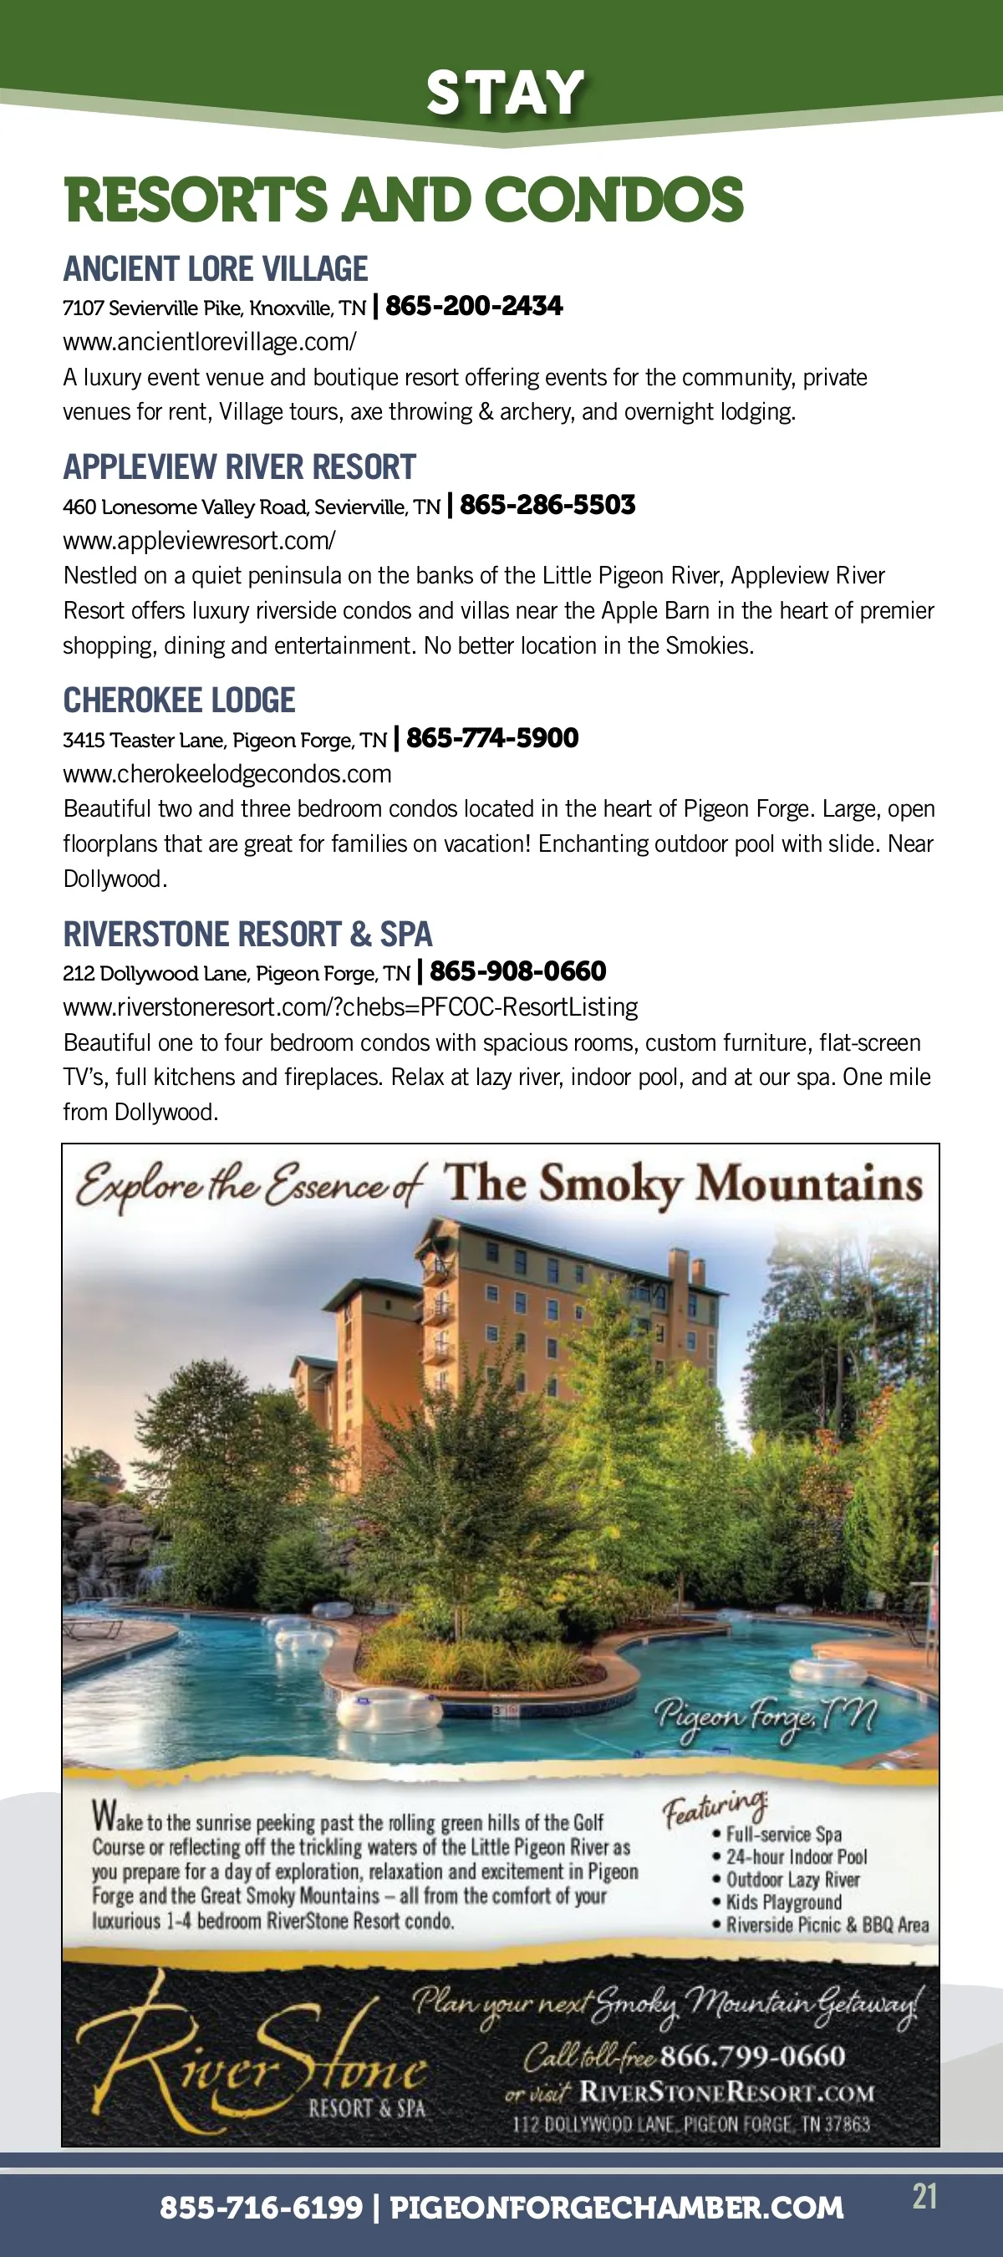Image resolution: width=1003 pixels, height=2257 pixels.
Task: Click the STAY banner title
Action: [506, 93]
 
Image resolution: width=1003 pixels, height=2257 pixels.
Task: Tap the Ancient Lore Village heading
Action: [216, 269]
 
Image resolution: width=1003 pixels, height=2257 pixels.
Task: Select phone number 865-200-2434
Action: [474, 306]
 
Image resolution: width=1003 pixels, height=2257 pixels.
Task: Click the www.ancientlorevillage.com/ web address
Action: [209, 342]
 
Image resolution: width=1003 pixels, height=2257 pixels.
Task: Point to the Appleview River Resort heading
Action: [239, 467]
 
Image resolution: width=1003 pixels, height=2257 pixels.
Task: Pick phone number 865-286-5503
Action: [547, 505]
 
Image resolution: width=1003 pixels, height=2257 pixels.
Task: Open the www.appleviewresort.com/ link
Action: [199, 541]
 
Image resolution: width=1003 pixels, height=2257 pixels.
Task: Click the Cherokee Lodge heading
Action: [179, 700]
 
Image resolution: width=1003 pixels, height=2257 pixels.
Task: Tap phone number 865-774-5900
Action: [492, 738]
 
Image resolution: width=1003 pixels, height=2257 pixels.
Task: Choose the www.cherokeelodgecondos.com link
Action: [227, 774]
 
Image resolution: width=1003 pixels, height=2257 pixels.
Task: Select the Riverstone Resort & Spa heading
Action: [248, 934]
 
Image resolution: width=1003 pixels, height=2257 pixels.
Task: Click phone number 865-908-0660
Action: [517, 971]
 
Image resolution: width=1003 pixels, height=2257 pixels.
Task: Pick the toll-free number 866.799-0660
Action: [752, 2056]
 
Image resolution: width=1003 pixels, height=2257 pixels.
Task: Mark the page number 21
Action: [924, 2197]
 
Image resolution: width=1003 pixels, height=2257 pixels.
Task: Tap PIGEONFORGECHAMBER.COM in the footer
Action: [616, 2207]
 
